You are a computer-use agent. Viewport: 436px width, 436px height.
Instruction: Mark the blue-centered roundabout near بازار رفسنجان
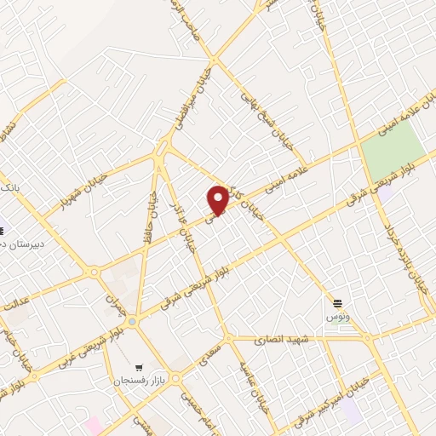click(132, 321)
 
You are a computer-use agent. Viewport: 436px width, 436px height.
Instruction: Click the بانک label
click(9, 186)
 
